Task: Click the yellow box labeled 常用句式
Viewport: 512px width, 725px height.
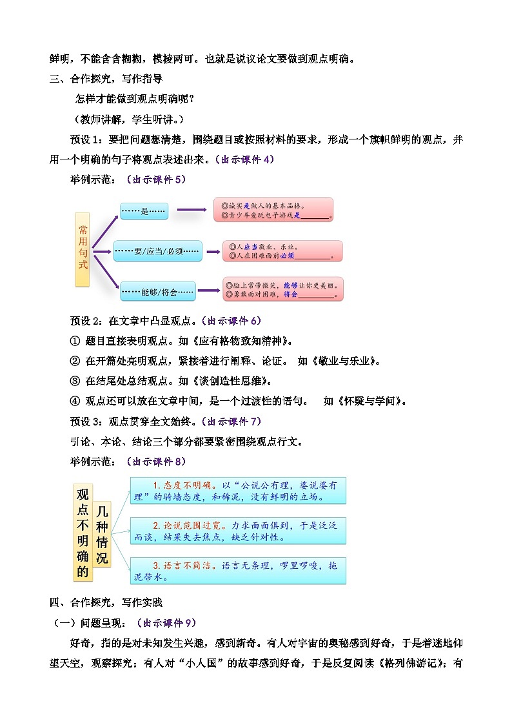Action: click(82, 249)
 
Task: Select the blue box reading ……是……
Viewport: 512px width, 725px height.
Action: click(144, 210)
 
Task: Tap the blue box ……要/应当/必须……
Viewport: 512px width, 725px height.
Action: click(157, 250)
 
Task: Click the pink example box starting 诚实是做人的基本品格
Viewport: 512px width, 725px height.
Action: click(273, 210)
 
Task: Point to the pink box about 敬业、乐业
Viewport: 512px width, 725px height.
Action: click(282, 251)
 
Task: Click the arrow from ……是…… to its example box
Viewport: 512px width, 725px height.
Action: click(191, 210)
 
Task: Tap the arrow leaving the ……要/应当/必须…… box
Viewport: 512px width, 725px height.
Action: click(212, 250)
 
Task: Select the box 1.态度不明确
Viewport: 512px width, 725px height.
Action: click(238, 491)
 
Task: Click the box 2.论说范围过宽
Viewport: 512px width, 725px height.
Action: click(238, 530)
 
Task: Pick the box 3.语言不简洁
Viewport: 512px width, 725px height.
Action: click(238, 570)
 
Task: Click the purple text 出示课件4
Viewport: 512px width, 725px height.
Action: click(247, 159)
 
